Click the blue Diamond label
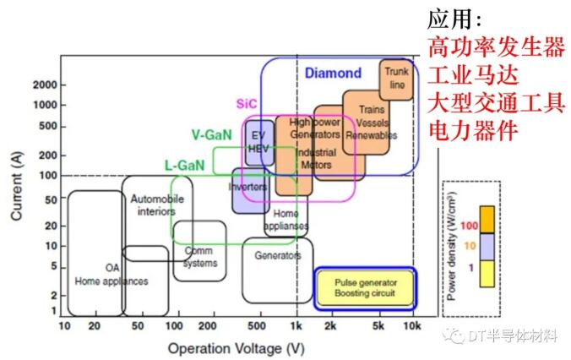pos(333,74)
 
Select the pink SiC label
pos(246,104)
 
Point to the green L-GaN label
pos(184,166)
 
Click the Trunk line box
pos(395,79)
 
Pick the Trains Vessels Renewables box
pos(367,122)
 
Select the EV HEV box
pos(258,142)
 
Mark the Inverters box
pos(248,187)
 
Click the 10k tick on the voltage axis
pos(411,325)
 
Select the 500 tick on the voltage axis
pos(257,325)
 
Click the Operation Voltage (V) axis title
pos(235,347)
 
